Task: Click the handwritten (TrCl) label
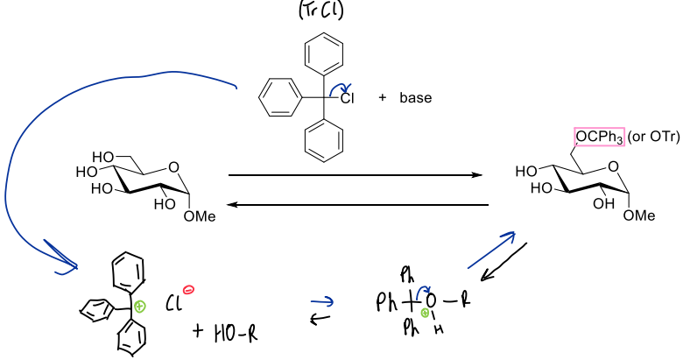[321, 11]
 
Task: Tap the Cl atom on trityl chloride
[347, 98]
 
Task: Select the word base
[416, 97]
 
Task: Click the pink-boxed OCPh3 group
[599, 137]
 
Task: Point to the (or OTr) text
[653, 137]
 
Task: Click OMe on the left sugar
[200, 216]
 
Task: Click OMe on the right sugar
[639, 215]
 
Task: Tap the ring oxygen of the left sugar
[173, 167]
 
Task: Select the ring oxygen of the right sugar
[613, 166]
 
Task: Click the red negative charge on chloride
[188, 289]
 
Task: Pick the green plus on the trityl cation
[139, 307]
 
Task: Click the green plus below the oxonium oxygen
[425, 313]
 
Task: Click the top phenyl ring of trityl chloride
[324, 53]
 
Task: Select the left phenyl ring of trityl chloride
[280, 97]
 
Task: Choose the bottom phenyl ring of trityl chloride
[324, 141]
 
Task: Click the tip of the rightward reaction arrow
[482, 175]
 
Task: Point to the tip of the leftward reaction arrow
[227, 204]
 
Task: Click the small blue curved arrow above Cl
[341, 89]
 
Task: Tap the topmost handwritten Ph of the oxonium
[407, 275]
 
